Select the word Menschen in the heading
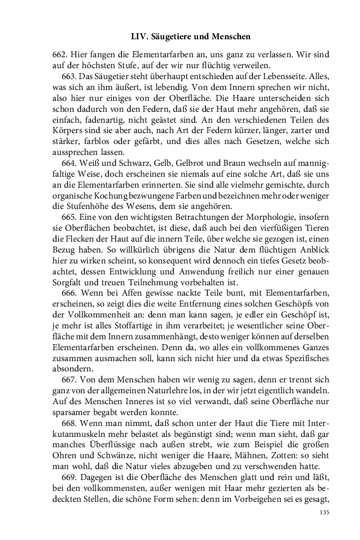pos(231,37)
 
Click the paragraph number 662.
pos(59,55)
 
